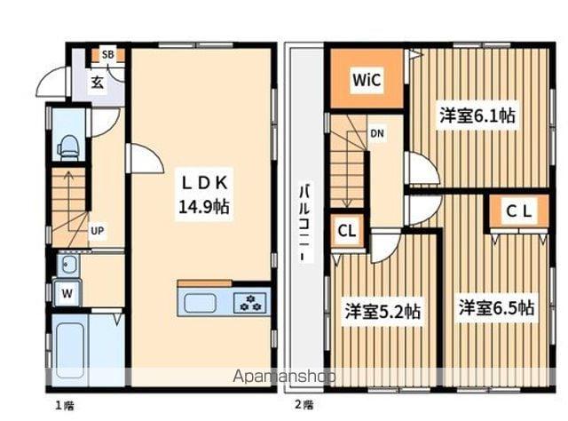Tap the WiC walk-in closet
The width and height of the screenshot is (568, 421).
point(367,81)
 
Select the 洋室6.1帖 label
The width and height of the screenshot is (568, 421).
point(477,115)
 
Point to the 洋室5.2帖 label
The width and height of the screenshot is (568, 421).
point(383,312)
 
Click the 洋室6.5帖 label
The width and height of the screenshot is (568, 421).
point(496,308)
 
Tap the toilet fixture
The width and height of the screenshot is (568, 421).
point(67,146)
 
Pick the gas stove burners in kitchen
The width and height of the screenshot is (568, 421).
point(251,302)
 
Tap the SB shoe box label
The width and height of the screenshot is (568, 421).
point(107,55)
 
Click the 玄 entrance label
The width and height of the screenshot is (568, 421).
point(97,83)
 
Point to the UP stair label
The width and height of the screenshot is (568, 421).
point(97,231)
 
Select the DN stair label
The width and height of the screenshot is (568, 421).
point(377,134)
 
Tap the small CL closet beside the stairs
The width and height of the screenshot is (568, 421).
point(346,232)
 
